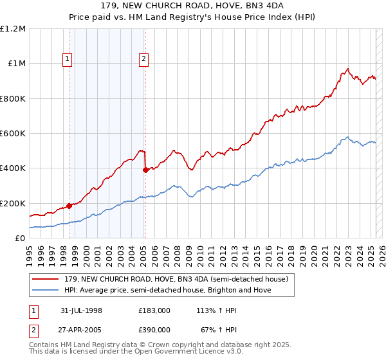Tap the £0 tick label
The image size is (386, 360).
point(21,238)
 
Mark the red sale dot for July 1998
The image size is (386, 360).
point(69,206)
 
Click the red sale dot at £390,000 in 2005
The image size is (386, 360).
point(145,170)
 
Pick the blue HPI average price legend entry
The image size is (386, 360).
point(167,290)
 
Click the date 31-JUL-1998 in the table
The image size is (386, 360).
point(82,310)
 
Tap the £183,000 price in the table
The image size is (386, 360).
point(154,310)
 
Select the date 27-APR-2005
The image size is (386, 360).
point(82,329)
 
